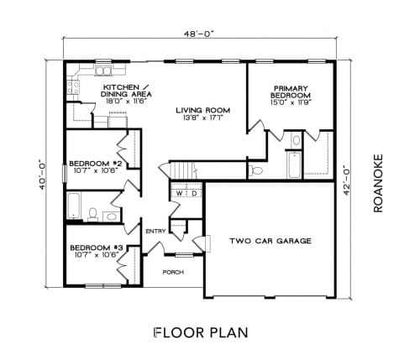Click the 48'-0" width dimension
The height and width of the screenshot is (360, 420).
pyautogui.click(x=199, y=34)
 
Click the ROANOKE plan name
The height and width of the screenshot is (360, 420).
pyautogui.click(x=378, y=183)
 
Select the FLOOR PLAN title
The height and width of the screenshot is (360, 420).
pyautogui.click(x=201, y=332)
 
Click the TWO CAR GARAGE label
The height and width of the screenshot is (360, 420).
pyautogui.click(x=270, y=241)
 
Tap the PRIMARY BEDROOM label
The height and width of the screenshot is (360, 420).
pyautogui.click(x=291, y=91)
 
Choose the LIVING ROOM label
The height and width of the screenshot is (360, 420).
pyautogui.click(x=203, y=110)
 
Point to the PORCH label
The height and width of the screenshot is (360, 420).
pyautogui.click(x=173, y=272)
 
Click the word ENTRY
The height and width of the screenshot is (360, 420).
pyautogui.click(x=155, y=231)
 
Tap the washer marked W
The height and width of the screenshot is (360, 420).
pyautogui.click(x=179, y=193)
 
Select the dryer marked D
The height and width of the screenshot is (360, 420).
pyautogui.click(x=194, y=193)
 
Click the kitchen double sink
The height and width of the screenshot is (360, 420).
pyautogui.click(x=103, y=70)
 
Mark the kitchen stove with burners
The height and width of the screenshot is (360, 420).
pyautogui.click(x=73, y=87)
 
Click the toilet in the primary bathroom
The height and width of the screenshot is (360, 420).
pyautogui.click(x=255, y=170)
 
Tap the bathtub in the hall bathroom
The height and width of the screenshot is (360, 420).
pyautogui.click(x=74, y=206)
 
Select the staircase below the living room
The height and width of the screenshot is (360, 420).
pyautogui.click(x=183, y=170)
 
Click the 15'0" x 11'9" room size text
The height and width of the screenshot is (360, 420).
pyautogui.click(x=291, y=102)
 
